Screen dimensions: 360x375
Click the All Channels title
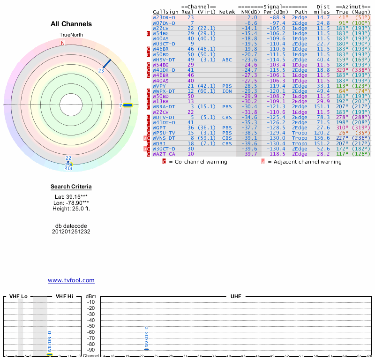[71, 24]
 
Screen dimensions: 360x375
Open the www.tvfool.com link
[71, 280]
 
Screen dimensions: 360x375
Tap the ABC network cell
[227, 60]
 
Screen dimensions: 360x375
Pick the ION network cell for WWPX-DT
[227, 91]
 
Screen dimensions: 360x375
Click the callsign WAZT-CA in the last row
[164, 154]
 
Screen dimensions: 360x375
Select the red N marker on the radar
[62, 44]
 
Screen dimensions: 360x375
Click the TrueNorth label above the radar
[71, 35]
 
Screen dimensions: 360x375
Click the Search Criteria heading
[71, 187]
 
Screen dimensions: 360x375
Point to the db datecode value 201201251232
[71, 232]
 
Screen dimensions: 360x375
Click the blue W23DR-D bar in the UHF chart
[147, 349]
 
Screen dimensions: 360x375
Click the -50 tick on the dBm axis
[91, 326]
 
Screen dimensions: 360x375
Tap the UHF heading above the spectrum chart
[236, 296]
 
